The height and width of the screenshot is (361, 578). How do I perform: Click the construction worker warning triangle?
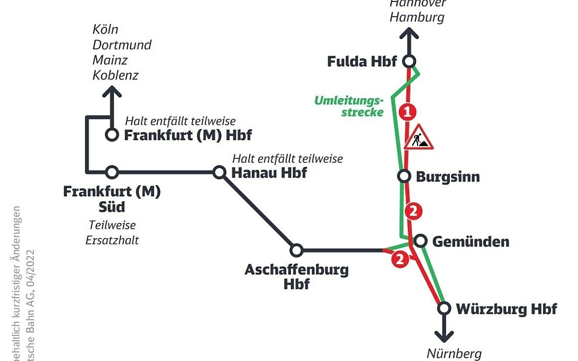point(419,138)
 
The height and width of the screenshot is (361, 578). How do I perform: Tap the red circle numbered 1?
point(407,113)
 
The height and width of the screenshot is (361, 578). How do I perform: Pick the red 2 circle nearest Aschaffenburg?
point(399,260)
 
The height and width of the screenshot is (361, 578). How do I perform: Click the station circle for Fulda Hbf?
point(409,61)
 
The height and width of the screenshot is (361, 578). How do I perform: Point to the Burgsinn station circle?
point(404,176)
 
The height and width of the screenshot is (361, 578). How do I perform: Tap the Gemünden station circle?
point(420,241)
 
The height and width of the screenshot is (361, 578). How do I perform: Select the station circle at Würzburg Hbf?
point(444,308)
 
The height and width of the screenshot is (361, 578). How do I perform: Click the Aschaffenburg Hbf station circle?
point(296,250)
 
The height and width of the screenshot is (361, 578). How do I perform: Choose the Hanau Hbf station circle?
point(219,172)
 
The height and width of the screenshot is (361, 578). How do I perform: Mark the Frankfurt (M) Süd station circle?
point(112,172)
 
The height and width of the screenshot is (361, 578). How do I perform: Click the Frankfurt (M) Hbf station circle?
point(112,135)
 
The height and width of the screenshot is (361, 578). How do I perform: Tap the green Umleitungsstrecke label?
point(349,106)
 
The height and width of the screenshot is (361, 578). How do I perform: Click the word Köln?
point(105,29)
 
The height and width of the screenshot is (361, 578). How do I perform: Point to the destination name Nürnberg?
point(454,354)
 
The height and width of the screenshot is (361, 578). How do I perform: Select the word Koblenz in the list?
point(116,76)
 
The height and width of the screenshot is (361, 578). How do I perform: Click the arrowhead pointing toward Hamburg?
point(409,34)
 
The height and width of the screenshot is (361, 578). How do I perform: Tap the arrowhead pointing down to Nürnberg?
point(444,336)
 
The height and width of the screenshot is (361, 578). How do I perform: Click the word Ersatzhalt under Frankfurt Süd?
point(112,240)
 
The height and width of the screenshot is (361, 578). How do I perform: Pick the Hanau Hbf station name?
point(269,173)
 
